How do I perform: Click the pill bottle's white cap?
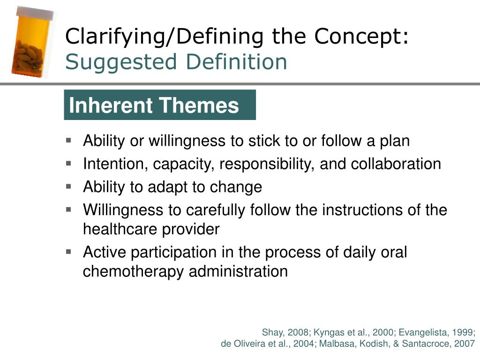coord(35,13)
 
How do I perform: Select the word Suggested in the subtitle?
coord(121,62)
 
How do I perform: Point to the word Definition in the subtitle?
coord(236,61)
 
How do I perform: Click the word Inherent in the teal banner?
coord(111,105)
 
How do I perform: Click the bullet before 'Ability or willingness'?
coord(68,141)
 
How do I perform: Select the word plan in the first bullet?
coord(395,142)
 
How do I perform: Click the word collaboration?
coord(396,164)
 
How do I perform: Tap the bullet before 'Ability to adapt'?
coord(68,187)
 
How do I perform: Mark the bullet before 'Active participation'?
coord(68,252)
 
